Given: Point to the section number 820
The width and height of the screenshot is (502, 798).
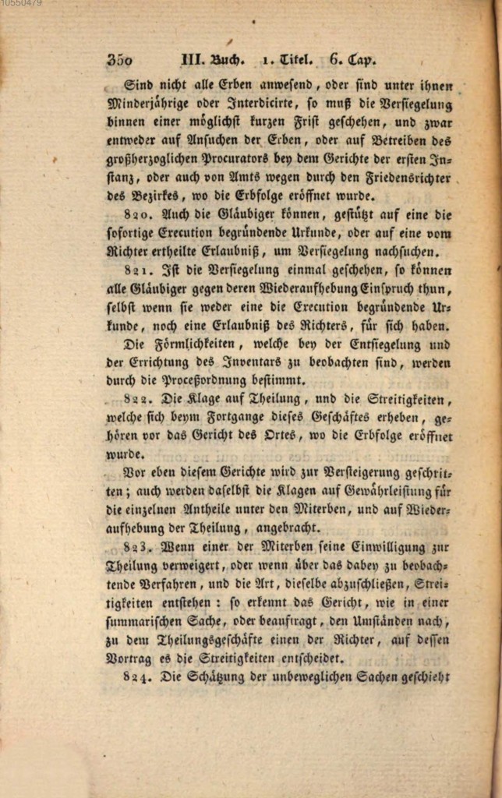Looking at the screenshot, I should pyautogui.click(x=139, y=214).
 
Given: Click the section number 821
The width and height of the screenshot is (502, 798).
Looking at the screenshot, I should pyautogui.click(x=139, y=270).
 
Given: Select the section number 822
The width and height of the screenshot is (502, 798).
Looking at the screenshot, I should pyautogui.click(x=139, y=401).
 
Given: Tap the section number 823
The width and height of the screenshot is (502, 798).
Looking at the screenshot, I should pyautogui.click(x=139, y=546).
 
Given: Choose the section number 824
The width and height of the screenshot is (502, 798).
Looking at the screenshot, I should pyautogui.click(x=139, y=678).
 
